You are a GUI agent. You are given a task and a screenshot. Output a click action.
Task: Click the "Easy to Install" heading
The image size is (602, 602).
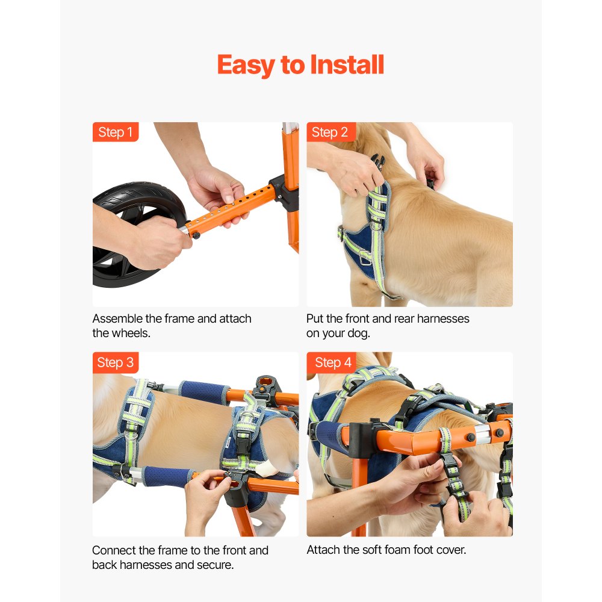pyautogui.click(x=300, y=65)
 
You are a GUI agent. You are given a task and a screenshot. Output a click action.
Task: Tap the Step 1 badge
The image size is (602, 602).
pyautogui.click(x=115, y=132)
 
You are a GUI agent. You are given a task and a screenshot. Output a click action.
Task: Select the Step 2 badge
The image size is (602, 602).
pyautogui.click(x=331, y=132)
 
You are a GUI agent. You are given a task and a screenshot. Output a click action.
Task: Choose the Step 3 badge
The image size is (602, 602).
pyautogui.click(x=115, y=362)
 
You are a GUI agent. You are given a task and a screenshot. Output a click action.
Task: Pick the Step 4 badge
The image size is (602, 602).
pyautogui.click(x=332, y=362)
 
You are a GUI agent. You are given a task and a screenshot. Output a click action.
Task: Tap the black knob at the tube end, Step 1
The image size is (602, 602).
pyautogui.click(x=196, y=235)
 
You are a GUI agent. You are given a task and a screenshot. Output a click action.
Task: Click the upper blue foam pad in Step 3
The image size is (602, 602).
pyautogui.click(x=204, y=392)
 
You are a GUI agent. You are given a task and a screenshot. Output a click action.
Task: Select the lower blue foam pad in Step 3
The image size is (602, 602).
pyautogui.click(x=167, y=476)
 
